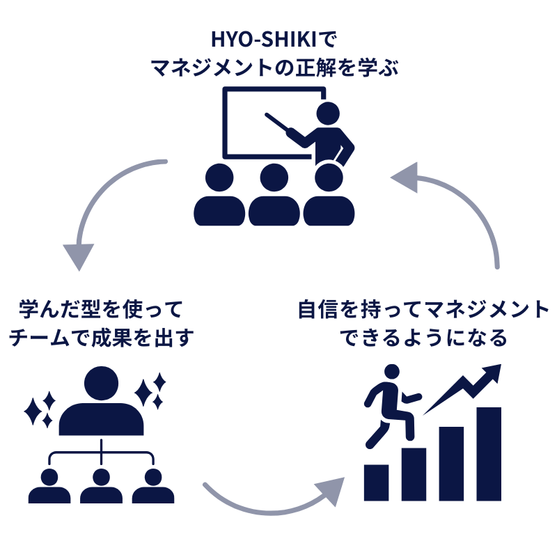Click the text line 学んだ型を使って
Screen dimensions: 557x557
pos(102,308)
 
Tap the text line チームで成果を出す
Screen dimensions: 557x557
pos(101,338)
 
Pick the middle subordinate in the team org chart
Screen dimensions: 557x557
pos(102,487)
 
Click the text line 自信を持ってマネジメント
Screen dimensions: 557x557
pos(423,308)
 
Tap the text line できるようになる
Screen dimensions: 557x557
pos(423,338)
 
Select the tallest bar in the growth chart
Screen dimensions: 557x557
pos(488,453)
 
